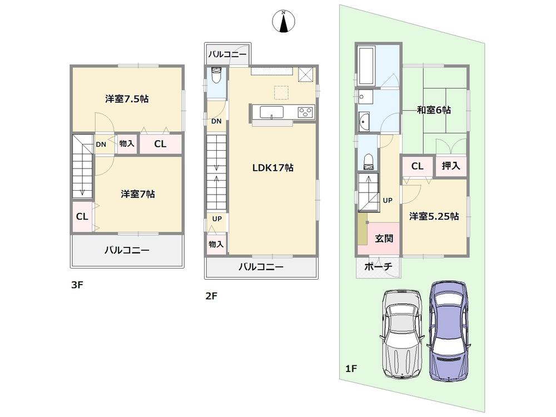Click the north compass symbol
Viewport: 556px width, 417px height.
click(284, 21)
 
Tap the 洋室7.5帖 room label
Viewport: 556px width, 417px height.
click(127, 99)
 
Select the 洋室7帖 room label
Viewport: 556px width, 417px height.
click(138, 194)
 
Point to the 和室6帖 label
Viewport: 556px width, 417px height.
click(434, 110)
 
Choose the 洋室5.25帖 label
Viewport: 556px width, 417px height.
click(434, 216)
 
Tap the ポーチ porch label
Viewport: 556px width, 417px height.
click(378, 267)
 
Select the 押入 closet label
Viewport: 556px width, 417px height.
click(450, 166)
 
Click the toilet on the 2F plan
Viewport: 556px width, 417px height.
click(217, 75)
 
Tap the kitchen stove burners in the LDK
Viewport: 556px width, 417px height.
click(305, 112)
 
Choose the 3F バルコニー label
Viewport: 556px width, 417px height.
click(127, 250)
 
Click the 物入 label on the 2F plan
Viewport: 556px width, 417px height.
click(216, 244)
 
